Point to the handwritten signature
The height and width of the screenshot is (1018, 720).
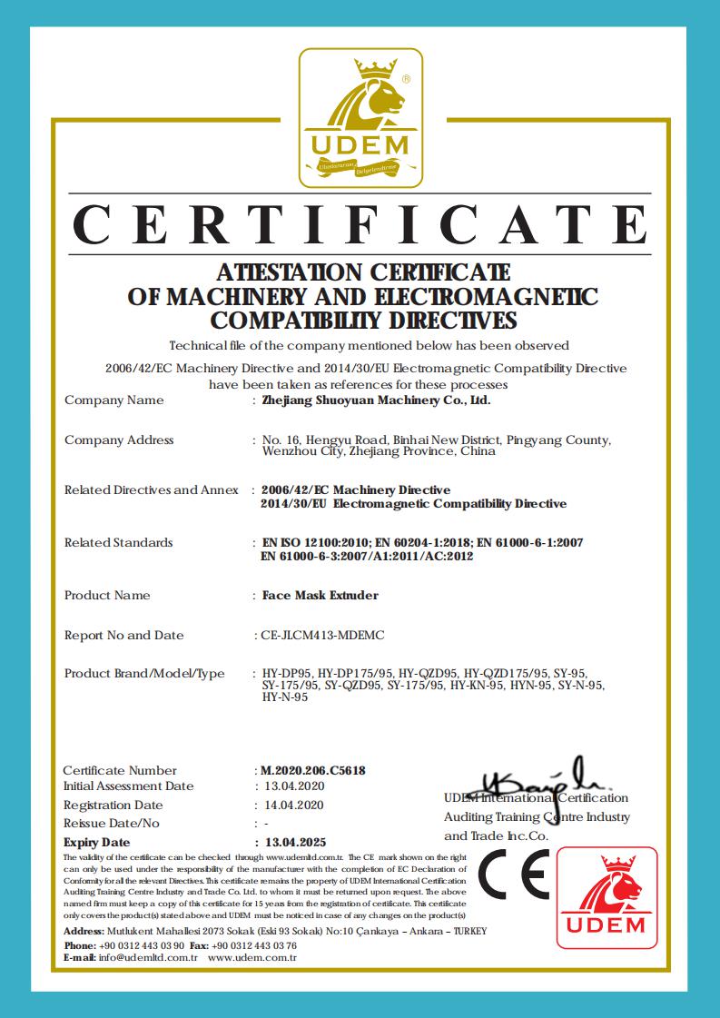pos(536,780)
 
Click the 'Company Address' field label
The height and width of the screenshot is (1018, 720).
pos(119,440)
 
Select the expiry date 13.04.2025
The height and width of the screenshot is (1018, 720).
pos(294,842)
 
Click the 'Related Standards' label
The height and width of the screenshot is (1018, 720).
pos(118,543)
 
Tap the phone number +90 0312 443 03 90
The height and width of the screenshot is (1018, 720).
pos(142,945)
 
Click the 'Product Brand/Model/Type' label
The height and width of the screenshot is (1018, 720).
pos(144,674)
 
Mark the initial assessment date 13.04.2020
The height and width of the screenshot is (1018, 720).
pos(293,786)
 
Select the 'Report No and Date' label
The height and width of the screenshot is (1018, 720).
pos(123,636)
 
